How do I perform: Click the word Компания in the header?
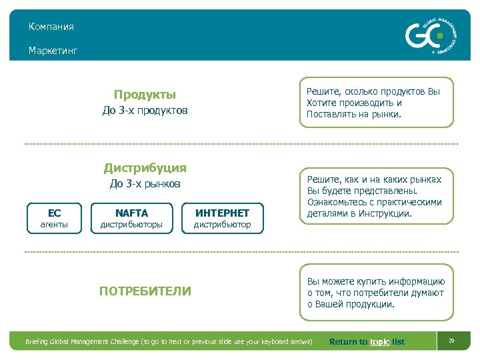pos(51,27)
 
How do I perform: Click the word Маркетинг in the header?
pos(53,51)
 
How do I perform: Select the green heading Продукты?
pos(145,95)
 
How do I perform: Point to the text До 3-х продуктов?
pos(145,110)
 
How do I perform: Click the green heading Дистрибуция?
pos(145,168)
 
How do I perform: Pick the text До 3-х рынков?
pos(145,184)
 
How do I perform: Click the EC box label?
pos(55,213)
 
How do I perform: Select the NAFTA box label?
pos(131,213)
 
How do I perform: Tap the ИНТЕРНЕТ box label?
pos(222,213)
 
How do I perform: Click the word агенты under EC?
pos(55,225)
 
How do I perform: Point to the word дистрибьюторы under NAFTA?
pos(131,225)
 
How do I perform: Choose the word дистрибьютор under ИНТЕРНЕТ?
pos(222,225)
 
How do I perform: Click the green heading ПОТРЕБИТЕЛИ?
pos(145,291)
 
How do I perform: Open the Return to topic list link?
pos(367,342)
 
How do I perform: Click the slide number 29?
pos(451,341)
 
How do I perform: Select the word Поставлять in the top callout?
pos(330,114)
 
